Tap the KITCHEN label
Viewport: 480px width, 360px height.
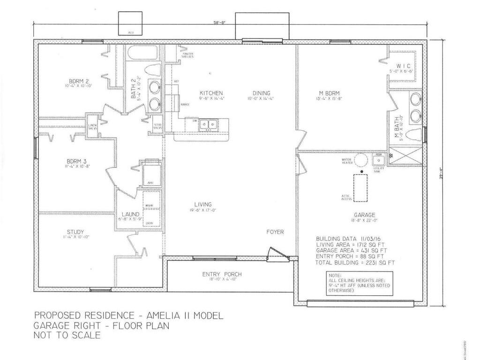(211, 93)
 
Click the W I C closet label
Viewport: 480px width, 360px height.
(403, 66)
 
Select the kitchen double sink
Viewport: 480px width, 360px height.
(207, 124)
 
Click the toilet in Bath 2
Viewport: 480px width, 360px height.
(151, 70)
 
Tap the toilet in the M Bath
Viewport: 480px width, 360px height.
(413, 135)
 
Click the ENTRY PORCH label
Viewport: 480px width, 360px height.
(222, 274)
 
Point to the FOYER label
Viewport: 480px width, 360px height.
(275, 232)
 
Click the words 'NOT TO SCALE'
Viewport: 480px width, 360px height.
(67, 335)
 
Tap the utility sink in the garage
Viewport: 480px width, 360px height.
(379, 161)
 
